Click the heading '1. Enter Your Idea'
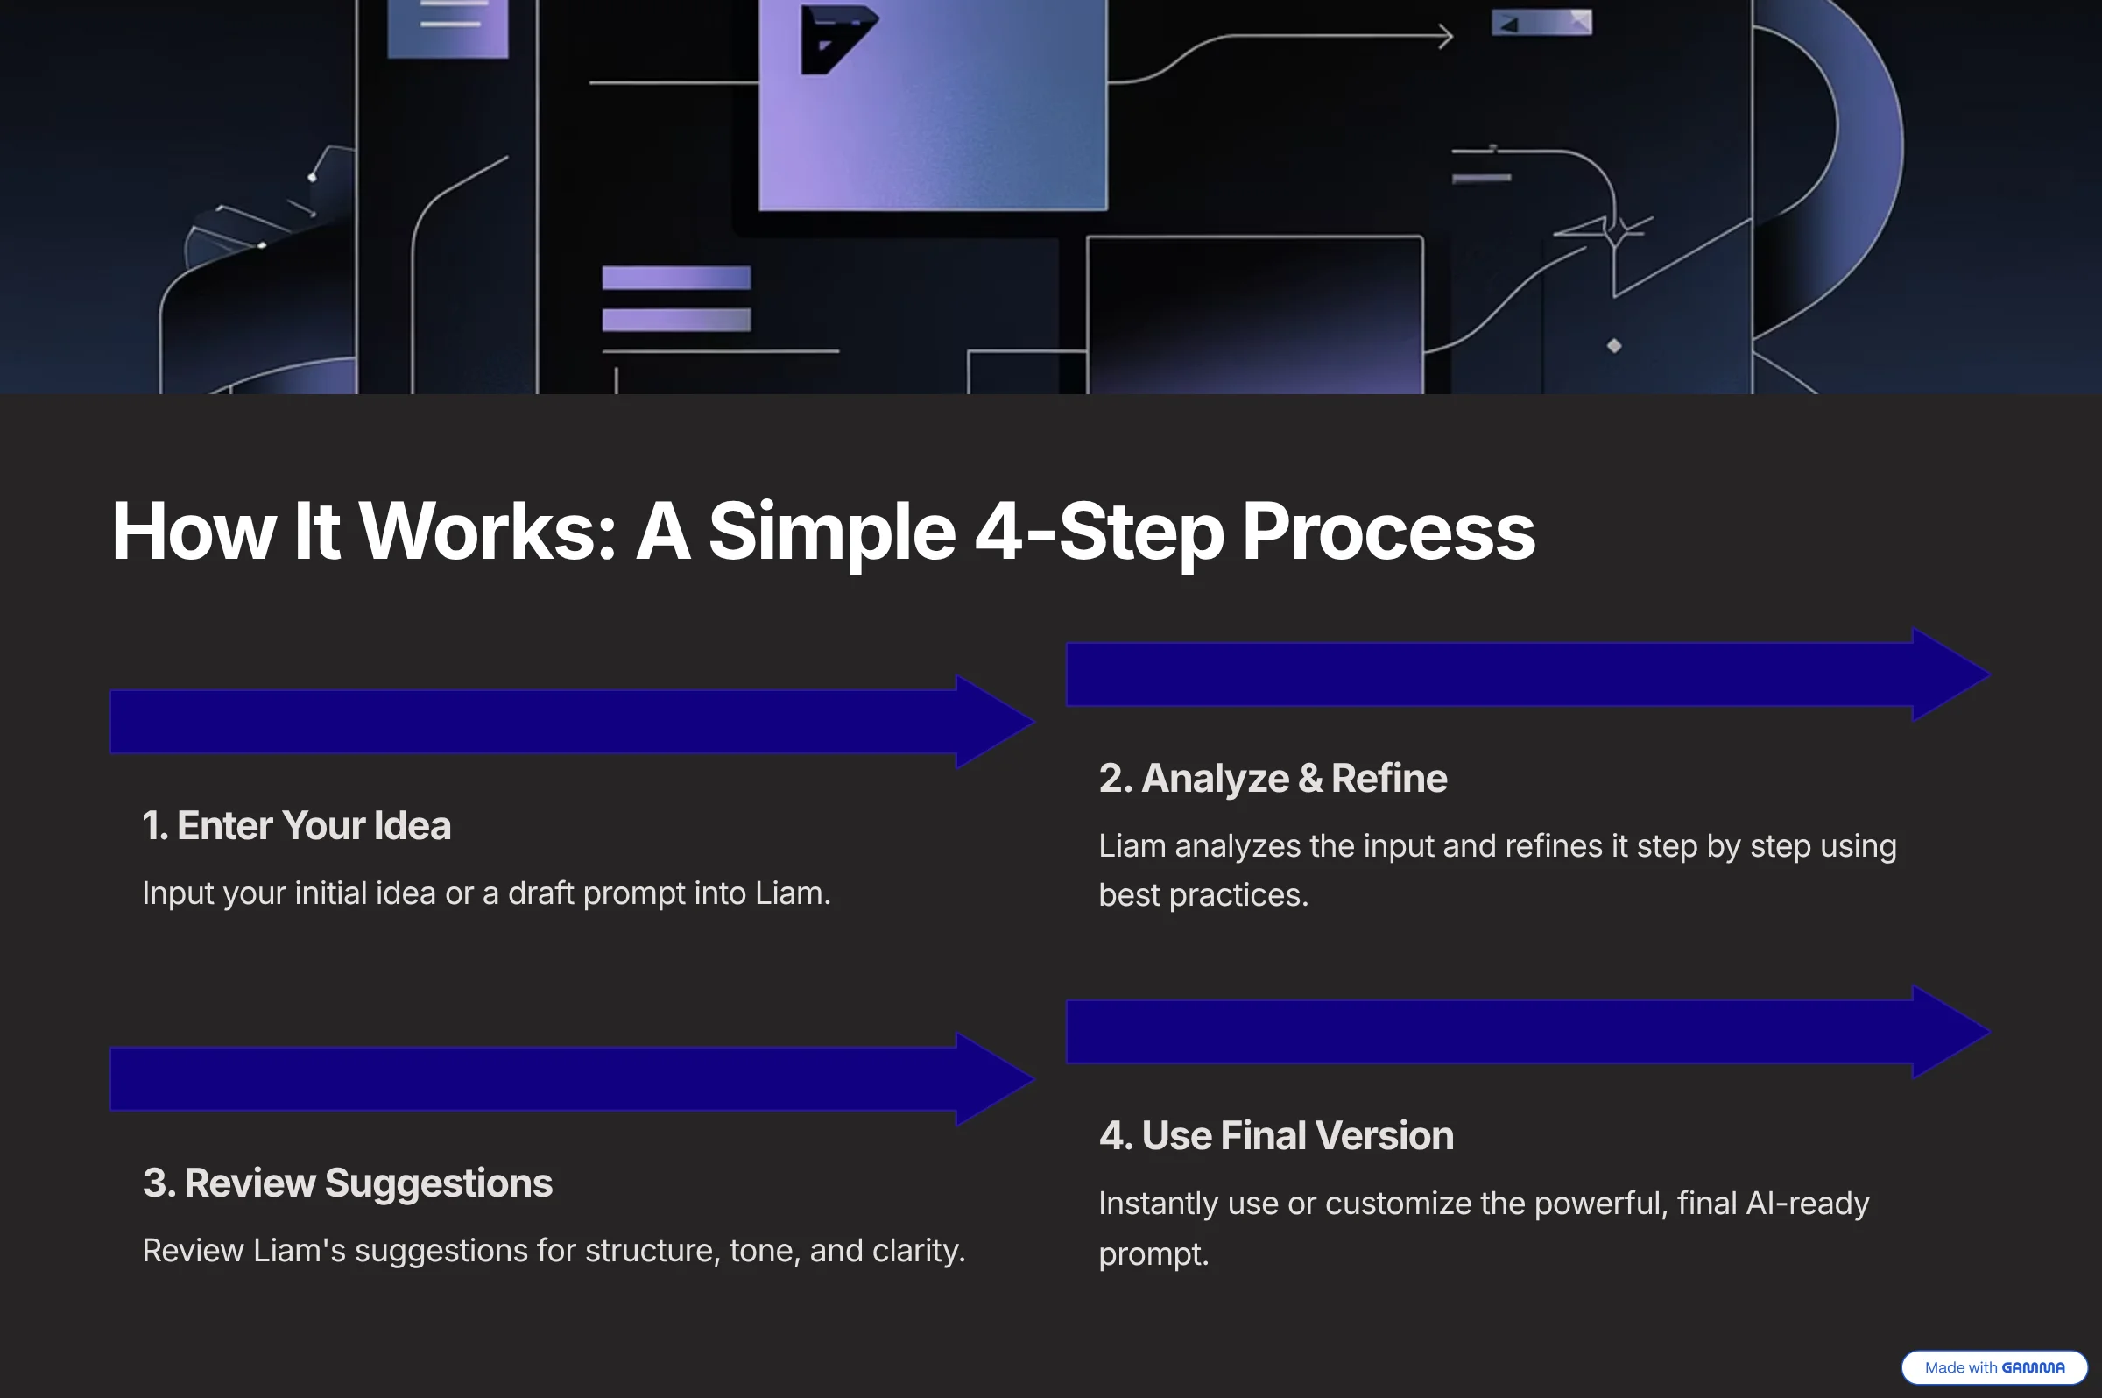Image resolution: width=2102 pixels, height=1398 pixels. click(297, 826)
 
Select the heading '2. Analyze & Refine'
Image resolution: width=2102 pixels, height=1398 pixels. click(1273, 779)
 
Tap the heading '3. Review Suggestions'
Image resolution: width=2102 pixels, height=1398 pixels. click(348, 1183)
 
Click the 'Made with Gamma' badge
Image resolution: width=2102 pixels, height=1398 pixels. click(1994, 1367)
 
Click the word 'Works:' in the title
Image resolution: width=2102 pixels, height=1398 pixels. click(488, 532)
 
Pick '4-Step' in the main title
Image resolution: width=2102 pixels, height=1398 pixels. click(1099, 532)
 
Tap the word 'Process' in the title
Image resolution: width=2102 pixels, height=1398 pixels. click(1388, 532)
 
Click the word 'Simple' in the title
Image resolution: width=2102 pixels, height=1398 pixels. click(832, 532)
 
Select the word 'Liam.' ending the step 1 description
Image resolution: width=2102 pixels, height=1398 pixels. click(793, 893)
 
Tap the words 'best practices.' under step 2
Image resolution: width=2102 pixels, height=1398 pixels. click(1203, 895)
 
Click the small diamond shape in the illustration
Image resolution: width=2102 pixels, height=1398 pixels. click(1614, 346)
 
